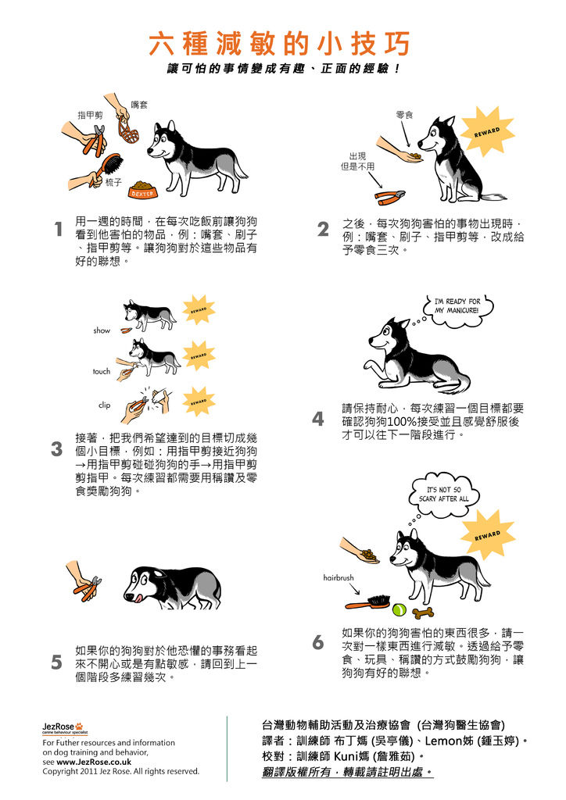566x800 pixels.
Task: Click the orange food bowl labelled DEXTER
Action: click(143, 190)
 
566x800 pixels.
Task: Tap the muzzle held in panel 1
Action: click(129, 132)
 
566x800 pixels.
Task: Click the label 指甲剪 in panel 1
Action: click(90, 116)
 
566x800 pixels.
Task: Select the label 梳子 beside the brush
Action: click(114, 182)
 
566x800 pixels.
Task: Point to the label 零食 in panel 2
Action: click(404, 116)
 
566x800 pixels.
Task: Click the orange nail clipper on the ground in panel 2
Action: click(389, 195)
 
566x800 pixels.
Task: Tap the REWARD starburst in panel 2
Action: click(487, 131)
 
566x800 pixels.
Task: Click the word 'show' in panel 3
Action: click(102, 330)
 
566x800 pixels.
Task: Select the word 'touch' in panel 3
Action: click(102, 371)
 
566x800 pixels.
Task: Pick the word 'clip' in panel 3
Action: click(104, 405)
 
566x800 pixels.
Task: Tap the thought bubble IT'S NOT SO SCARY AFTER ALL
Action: click(443, 495)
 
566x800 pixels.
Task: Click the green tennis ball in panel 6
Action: click(399, 609)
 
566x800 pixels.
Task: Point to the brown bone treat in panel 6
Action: click(423, 612)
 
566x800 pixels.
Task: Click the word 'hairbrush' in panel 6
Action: click(339, 577)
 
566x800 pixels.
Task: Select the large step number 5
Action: click(56, 662)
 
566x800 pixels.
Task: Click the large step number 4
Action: click(318, 420)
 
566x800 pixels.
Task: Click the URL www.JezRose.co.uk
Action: click(94, 762)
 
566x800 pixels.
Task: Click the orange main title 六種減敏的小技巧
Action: click(279, 44)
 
